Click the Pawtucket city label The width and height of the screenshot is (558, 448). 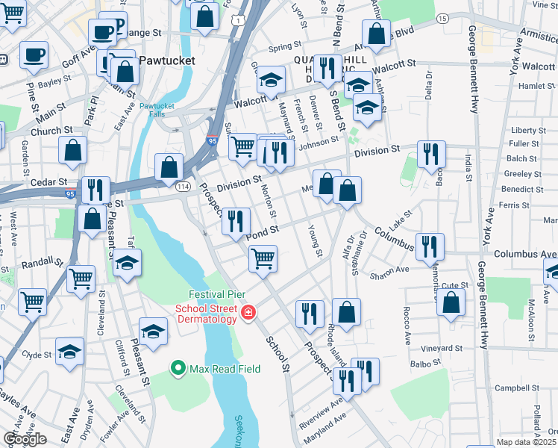165,59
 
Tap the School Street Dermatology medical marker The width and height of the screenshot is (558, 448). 248,313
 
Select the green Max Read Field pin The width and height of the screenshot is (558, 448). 178,367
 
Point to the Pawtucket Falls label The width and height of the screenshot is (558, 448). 156,111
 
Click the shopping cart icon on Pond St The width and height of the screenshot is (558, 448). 263,258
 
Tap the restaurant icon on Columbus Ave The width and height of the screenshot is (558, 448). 430,245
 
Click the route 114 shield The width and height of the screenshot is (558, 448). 182,187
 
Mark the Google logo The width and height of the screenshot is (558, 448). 25,440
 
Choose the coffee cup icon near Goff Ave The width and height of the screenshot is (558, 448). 33,54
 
